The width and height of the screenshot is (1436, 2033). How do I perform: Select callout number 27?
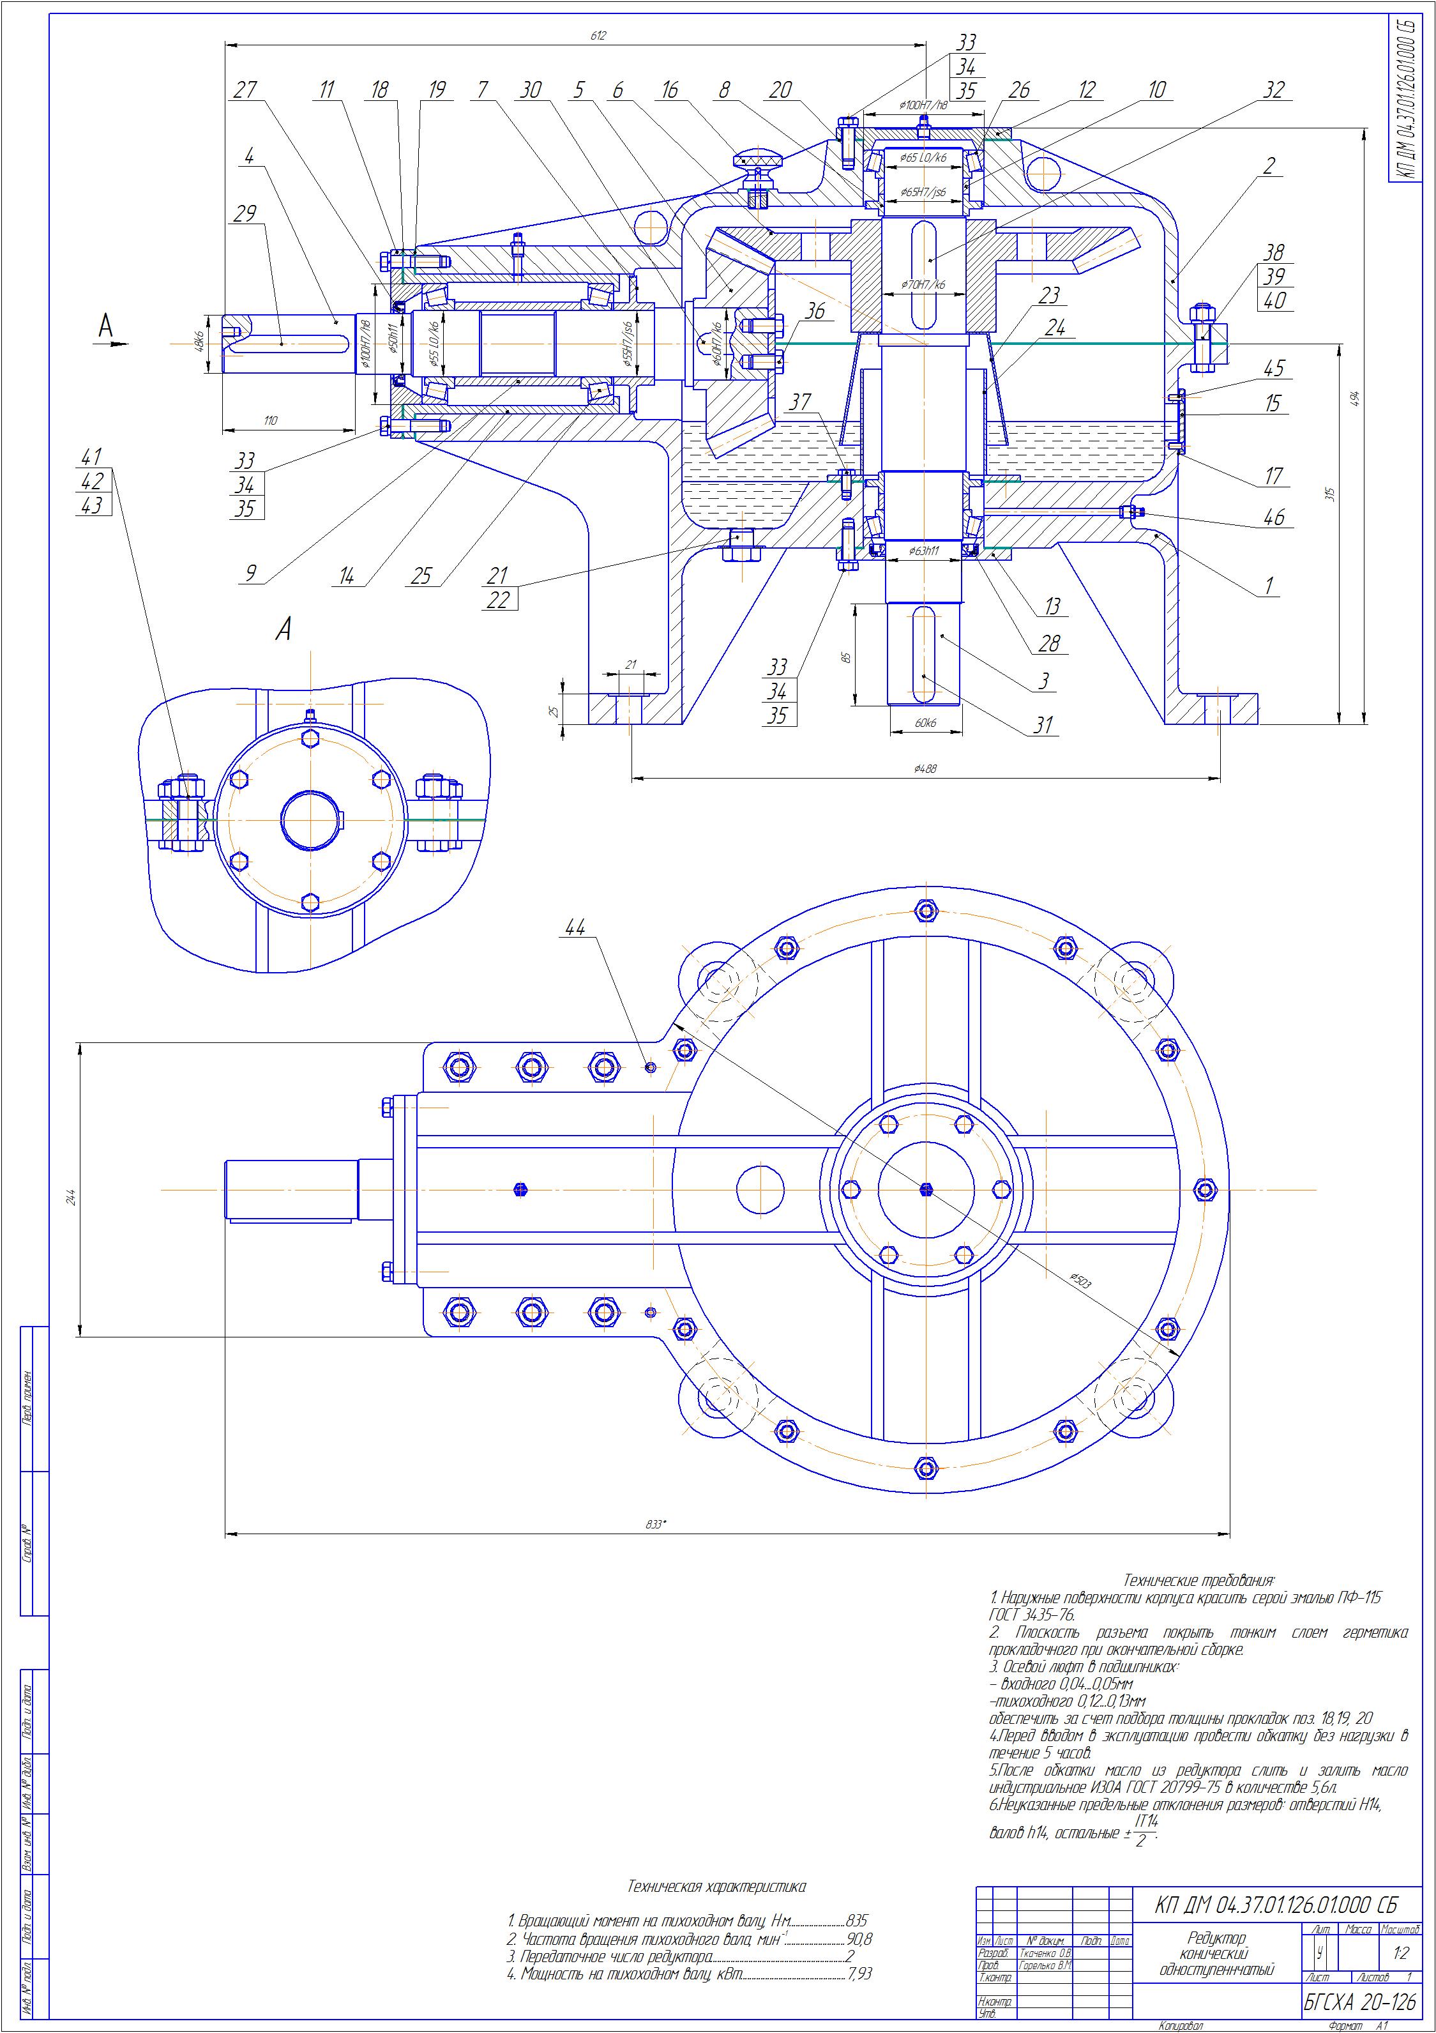[245, 89]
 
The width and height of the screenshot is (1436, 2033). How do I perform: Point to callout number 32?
[1273, 89]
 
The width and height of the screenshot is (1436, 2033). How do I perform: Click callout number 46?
[1273, 518]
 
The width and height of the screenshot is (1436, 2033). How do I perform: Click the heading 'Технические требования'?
[1198, 1581]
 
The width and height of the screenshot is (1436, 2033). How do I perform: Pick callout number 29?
[245, 213]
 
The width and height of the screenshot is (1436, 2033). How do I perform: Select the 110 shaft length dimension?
[271, 421]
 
